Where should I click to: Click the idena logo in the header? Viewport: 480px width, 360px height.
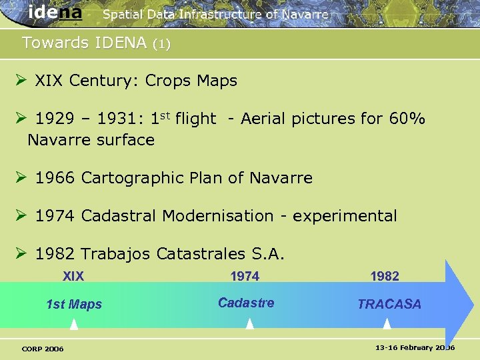click(x=55, y=13)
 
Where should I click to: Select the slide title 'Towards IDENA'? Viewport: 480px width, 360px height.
click(x=84, y=43)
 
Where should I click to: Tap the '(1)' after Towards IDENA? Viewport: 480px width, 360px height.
click(x=161, y=45)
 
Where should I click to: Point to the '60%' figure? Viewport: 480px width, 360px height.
click(x=407, y=119)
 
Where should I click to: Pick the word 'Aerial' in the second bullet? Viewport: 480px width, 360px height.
click(x=265, y=119)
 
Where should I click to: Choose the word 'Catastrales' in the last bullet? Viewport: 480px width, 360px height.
click(x=200, y=254)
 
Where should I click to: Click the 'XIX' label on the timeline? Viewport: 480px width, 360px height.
click(x=73, y=276)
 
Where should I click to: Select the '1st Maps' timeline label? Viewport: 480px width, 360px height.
click(x=74, y=305)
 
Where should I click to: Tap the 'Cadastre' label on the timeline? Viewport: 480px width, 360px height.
click(x=246, y=303)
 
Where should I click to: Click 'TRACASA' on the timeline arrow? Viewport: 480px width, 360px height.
click(x=389, y=305)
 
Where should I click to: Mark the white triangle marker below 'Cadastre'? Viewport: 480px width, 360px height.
click(x=250, y=323)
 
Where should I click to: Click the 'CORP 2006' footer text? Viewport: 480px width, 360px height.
click(x=43, y=349)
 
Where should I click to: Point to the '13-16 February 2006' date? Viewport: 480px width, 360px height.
click(x=415, y=348)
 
